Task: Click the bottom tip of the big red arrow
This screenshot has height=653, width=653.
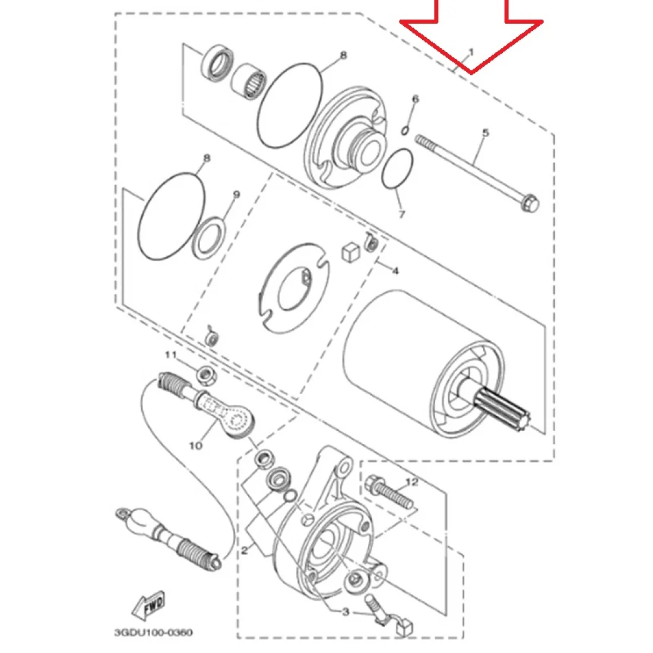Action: coord(471,74)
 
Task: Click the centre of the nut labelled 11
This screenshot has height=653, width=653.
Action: coord(205,375)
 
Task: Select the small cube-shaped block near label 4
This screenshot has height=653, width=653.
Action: coord(350,252)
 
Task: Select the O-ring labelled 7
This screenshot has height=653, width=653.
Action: coord(398,169)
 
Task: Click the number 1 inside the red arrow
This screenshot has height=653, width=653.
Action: coord(471,52)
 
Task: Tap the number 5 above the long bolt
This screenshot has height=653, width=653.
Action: coord(486,133)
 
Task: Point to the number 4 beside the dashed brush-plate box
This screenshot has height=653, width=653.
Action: coord(395,271)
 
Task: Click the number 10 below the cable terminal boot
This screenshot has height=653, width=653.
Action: coord(196,446)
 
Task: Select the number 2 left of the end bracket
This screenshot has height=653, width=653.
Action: coord(244,550)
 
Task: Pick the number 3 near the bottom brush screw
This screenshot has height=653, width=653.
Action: coord(345,612)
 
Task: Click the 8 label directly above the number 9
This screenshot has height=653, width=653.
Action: coord(207,158)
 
